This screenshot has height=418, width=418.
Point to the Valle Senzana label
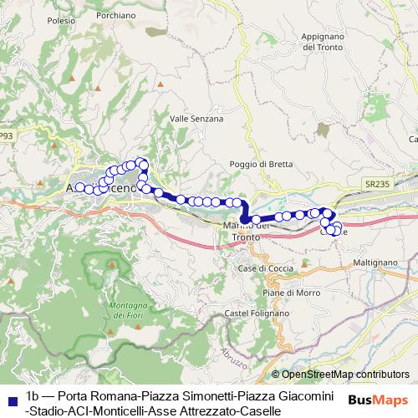click(x=196, y=119)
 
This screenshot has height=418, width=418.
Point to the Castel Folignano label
click(x=251, y=313)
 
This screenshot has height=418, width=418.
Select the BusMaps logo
click(x=379, y=400)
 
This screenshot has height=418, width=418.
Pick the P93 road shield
click(x=7, y=136)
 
